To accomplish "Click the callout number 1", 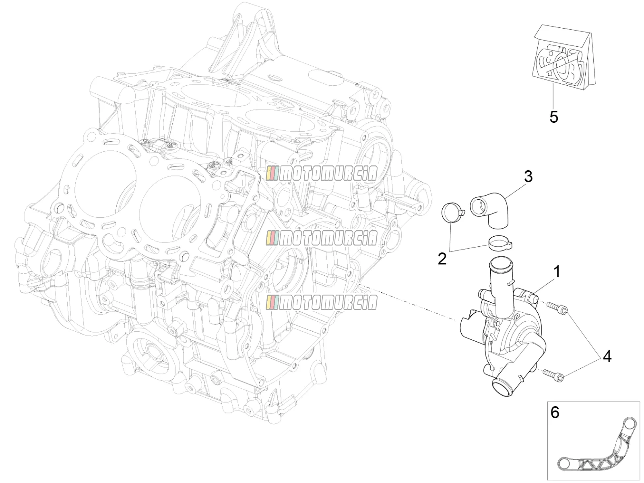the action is (x=556, y=272).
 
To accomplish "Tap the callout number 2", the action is (x=442, y=258).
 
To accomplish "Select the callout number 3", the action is (x=528, y=177).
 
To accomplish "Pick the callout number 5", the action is (x=553, y=117).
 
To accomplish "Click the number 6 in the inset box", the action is (x=555, y=412).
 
